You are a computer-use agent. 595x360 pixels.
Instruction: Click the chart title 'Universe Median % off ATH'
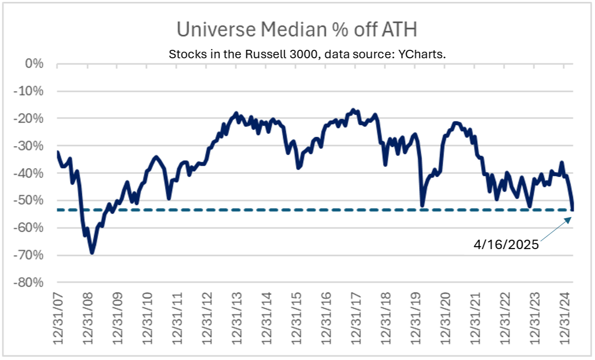click(x=297, y=29)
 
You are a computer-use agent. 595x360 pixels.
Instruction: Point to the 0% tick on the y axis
click(x=34, y=63)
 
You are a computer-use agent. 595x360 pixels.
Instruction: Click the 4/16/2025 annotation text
click(x=506, y=245)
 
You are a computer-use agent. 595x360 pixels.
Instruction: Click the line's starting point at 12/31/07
click(x=57, y=152)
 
